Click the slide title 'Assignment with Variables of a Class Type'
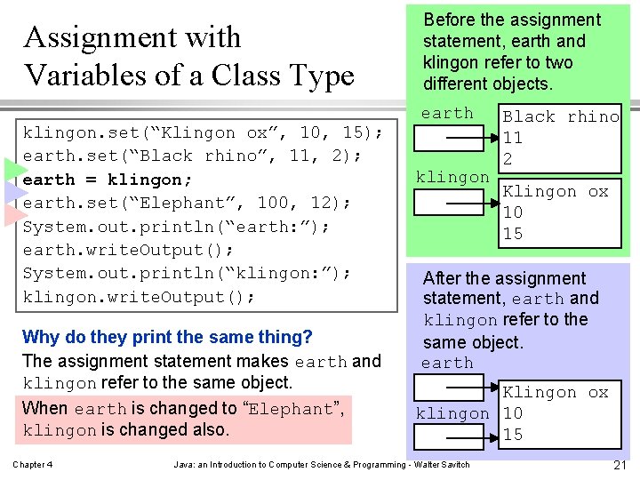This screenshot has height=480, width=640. point(188,56)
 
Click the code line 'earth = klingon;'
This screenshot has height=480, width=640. point(101,180)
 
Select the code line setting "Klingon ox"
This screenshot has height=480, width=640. point(203,133)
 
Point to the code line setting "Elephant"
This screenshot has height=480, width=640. point(187,203)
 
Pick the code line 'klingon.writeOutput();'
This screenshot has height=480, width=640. point(139,297)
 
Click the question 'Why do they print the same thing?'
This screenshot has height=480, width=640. point(167,338)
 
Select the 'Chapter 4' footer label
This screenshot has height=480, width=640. point(32,465)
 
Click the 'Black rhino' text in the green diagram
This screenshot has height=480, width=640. point(561,116)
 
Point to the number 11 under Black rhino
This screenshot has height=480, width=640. point(513,138)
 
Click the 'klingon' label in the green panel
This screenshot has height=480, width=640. point(452,177)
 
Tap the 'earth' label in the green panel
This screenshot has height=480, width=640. point(447,113)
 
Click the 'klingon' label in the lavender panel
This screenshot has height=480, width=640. point(452,413)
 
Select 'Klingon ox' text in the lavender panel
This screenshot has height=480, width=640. point(556,392)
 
